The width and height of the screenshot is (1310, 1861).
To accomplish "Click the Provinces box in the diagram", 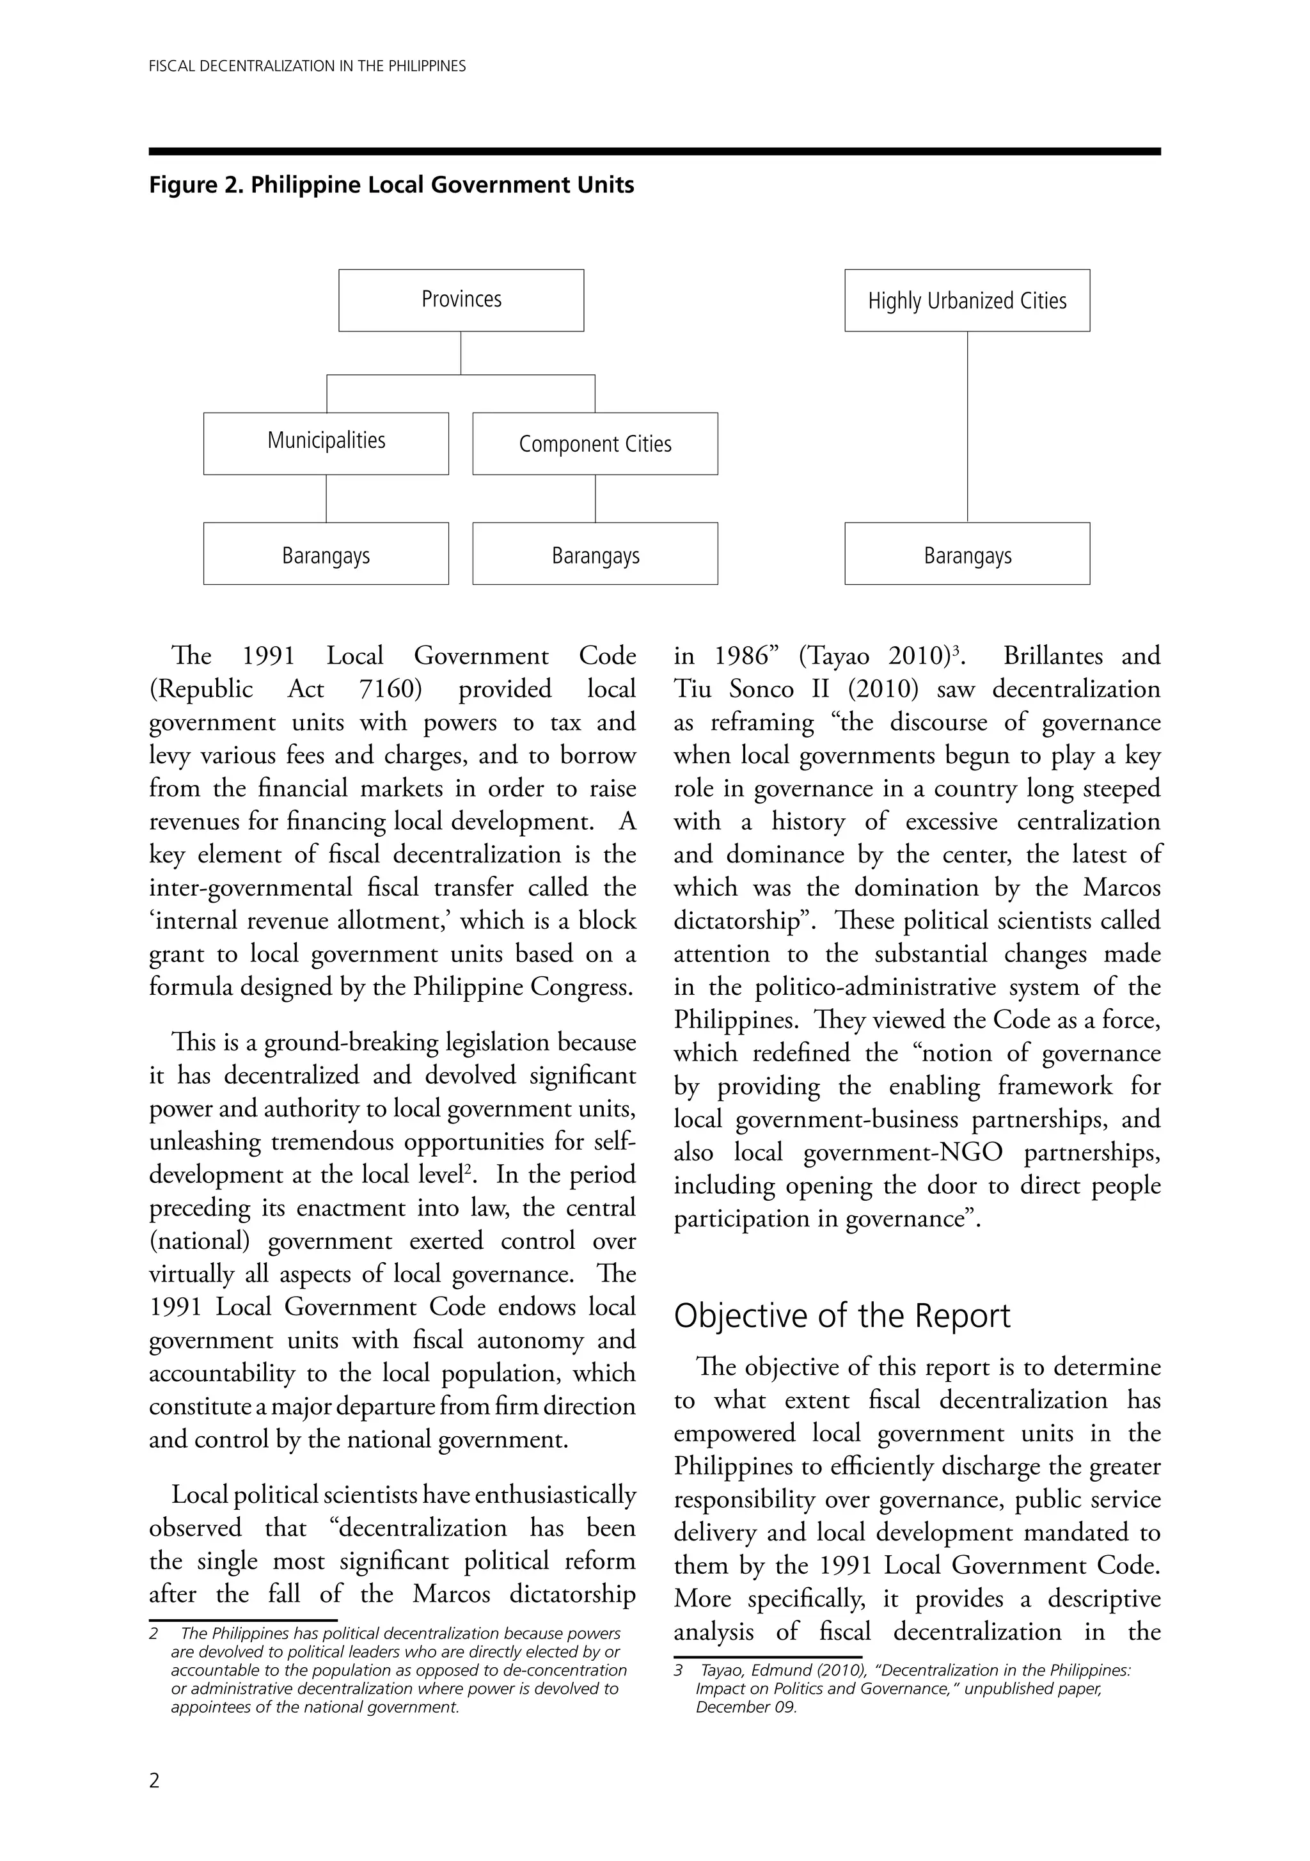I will pyautogui.click(x=461, y=300).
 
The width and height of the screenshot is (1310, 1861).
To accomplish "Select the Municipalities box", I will pyautogui.click(x=326, y=443).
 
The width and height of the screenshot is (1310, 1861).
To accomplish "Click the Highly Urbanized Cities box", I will pyautogui.click(x=967, y=301).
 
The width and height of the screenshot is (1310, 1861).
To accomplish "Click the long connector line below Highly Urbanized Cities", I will pyautogui.click(x=967, y=426).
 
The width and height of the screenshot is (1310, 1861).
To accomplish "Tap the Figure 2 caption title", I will pyautogui.click(x=391, y=186).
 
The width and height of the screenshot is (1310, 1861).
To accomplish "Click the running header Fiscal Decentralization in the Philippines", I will pyautogui.click(x=307, y=67).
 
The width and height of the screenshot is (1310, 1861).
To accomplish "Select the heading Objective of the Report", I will pyautogui.click(x=841, y=1317).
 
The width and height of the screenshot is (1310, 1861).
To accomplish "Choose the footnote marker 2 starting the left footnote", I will pyautogui.click(x=154, y=1633).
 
